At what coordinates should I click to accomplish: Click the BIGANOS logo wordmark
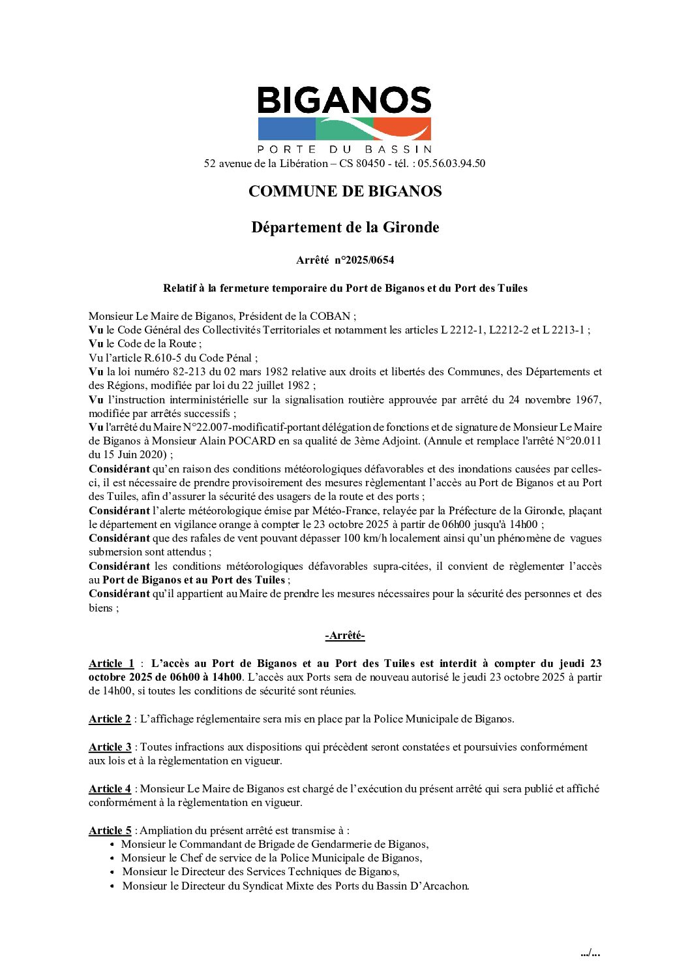click(344, 101)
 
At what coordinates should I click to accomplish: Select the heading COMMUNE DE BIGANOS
click(345, 191)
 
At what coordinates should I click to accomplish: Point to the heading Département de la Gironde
click(345, 227)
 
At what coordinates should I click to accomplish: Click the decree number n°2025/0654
click(364, 260)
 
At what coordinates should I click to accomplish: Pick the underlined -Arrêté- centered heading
click(345, 636)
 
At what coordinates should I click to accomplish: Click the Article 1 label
click(112, 664)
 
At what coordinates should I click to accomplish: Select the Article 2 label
click(110, 719)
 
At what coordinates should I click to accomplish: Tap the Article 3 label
click(110, 747)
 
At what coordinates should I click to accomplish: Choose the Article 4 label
click(110, 788)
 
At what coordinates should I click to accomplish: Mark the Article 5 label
click(110, 830)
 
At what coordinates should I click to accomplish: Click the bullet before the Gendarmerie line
click(112, 845)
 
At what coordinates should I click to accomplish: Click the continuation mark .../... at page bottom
click(590, 954)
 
